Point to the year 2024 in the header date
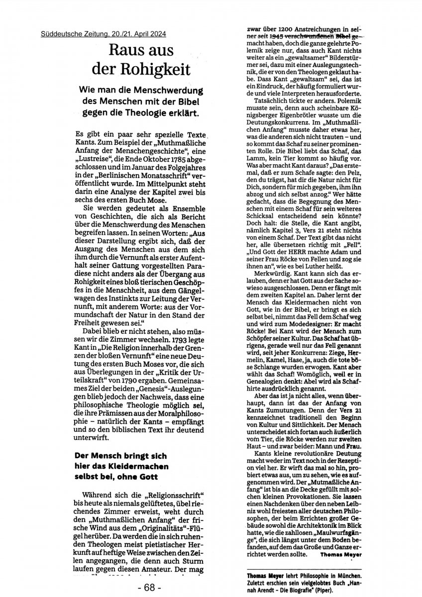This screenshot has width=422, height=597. (x=157, y=34)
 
